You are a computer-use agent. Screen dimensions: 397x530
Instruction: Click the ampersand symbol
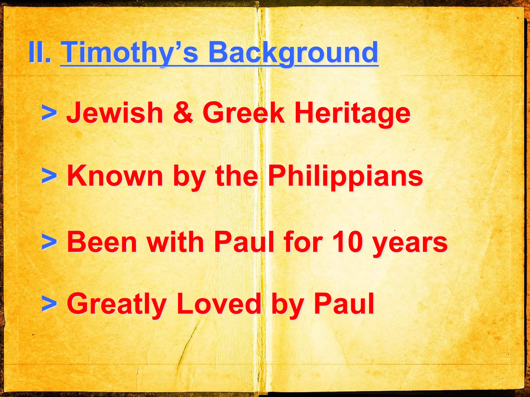[x=183, y=113]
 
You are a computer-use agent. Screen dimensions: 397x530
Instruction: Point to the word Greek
[x=243, y=113]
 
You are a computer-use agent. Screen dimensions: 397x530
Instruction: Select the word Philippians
[x=345, y=176]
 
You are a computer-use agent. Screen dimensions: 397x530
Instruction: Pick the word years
[x=410, y=243]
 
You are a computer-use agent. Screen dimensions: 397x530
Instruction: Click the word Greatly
[x=116, y=304]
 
